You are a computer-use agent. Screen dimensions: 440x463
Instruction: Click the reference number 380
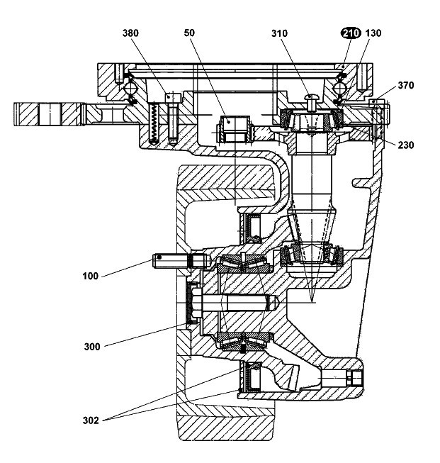[x=130, y=33]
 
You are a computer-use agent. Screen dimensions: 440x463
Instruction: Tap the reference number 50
[x=189, y=33]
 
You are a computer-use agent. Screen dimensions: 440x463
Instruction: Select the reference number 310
[x=279, y=33]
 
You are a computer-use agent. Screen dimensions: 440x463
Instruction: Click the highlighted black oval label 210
[x=351, y=33]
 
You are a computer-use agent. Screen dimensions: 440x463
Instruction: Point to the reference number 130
[x=373, y=33]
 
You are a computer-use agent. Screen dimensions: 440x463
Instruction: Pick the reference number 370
[x=406, y=85]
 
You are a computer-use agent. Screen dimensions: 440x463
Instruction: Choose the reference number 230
[x=406, y=145]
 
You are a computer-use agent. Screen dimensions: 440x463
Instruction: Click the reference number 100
[x=90, y=276]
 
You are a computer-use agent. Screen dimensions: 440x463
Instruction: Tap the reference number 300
[x=92, y=347]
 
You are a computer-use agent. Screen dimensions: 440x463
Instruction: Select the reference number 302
[x=91, y=420]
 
